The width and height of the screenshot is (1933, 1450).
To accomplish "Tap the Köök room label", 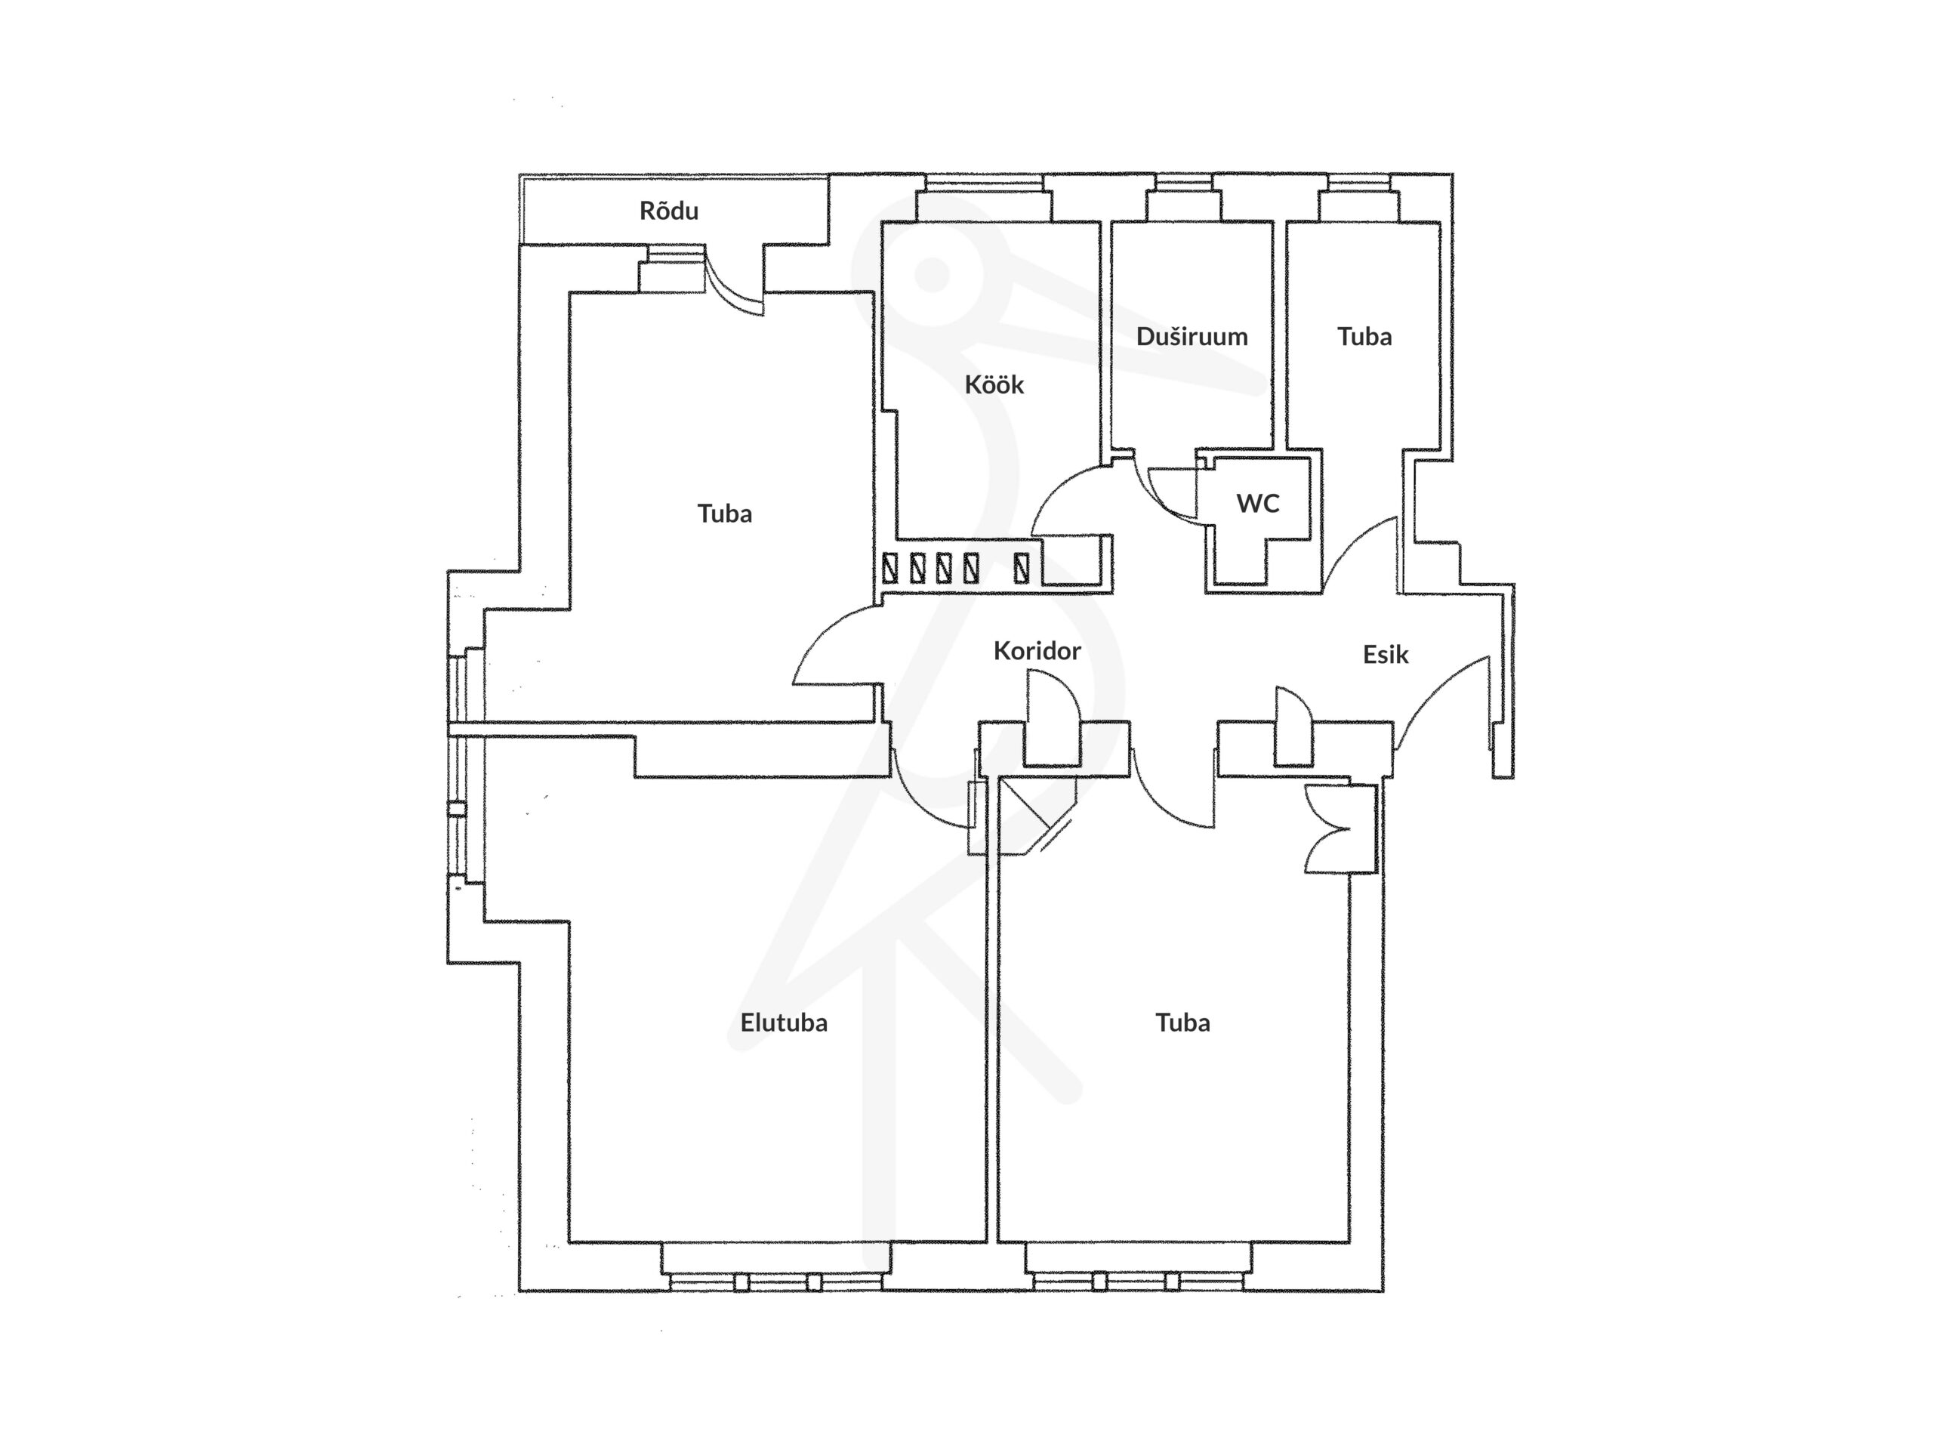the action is point(994,384).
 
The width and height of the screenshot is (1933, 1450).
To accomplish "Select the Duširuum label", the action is point(1192,337).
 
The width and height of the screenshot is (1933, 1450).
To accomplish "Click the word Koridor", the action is point(1037,650).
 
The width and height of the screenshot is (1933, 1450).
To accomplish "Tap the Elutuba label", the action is point(783,1022).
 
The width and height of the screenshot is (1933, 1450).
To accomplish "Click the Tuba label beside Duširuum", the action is point(1364,337).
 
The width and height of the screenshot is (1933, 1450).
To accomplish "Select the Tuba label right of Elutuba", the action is point(1182,1022).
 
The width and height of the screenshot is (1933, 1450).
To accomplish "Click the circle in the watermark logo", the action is point(933,274).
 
